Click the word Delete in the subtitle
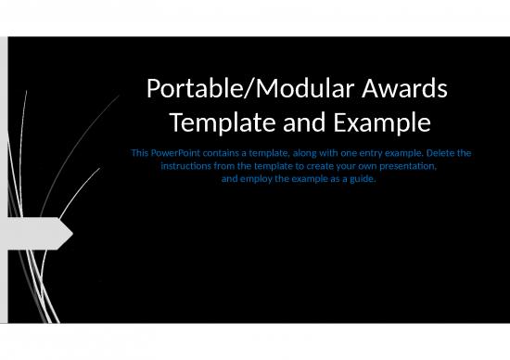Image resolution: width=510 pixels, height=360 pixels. click(440, 151)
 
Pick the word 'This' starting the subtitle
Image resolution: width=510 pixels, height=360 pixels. click(142, 151)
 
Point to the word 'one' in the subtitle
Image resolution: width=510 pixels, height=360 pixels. click(351, 151)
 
